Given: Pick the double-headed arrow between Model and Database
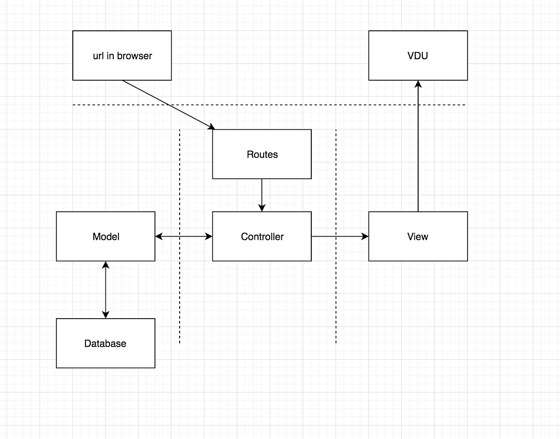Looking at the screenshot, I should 105,289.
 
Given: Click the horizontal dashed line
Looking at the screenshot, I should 280,105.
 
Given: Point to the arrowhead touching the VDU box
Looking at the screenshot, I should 418,84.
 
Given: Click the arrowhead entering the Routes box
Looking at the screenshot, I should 211,127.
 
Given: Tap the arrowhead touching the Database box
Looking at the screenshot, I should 105,314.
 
